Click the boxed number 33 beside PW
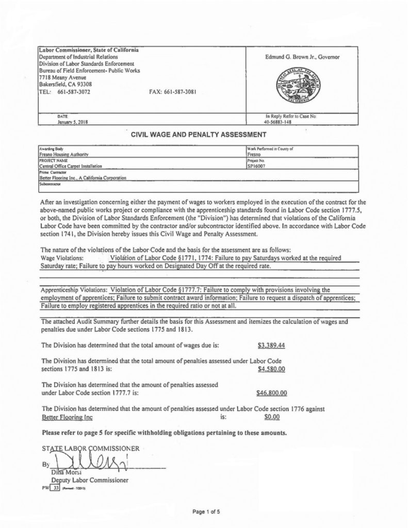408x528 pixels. [58, 487]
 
